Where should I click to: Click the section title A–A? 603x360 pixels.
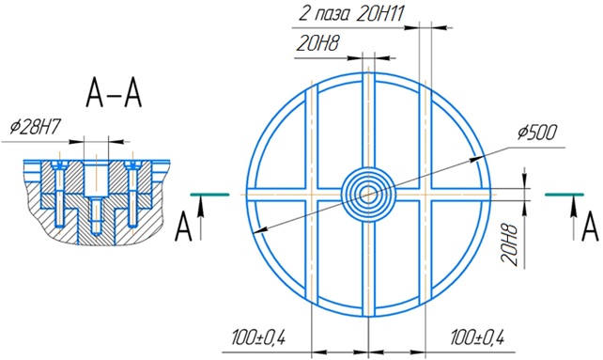tap(114, 93)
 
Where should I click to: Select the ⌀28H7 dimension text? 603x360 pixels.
tap(36, 127)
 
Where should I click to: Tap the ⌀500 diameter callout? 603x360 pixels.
tap(537, 133)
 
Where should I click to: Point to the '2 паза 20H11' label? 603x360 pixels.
tap(351, 15)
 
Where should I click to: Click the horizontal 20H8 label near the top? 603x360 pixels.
tap(317, 43)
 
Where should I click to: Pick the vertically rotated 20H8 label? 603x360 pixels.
tap(510, 244)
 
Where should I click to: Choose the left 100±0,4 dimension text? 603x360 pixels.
tap(258, 337)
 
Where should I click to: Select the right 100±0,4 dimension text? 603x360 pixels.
tap(477, 337)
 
